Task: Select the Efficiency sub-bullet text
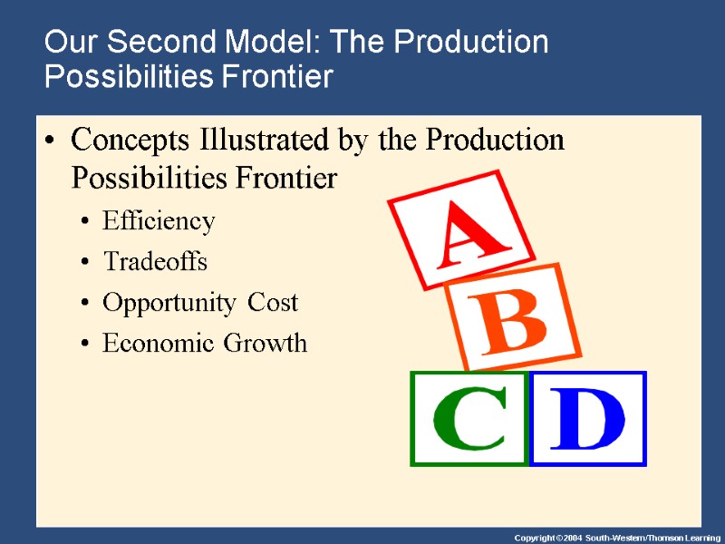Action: [x=159, y=221]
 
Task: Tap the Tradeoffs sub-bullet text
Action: [x=155, y=262]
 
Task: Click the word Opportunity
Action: [x=169, y=304]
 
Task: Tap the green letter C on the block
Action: [x=469, y=421]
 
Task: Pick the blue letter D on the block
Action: [x=588, y=421]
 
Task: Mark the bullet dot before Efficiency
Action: [x=84, y=222]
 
